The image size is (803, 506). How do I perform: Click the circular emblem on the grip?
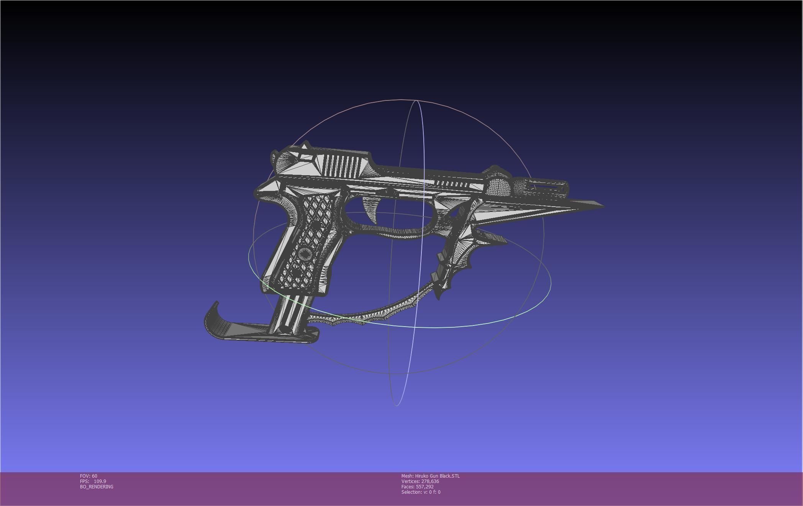pyautogui.click(x=305, y=253)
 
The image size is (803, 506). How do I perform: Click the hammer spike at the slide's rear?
pyautogui.click(x=305, y=146)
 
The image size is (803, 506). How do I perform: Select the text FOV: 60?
pyautogui.click(x=88, y=476)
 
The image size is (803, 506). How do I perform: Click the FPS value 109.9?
pyautogui.click(x=100, y=481)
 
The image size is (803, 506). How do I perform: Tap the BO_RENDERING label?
pyautogui.click(x=97, y=487)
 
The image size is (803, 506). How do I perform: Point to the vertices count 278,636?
pyautogui.click(x=430, y=481)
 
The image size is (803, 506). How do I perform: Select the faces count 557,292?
pyautogui.click(x=424, y=487)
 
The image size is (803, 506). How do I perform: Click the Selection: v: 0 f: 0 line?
pyautogui.click(x=421, y=492)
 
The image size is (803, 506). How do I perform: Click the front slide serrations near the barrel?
pyautogui.click(x=452, y=184)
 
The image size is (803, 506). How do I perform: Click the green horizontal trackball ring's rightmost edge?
pyautogui.click(x=551, y=283)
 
